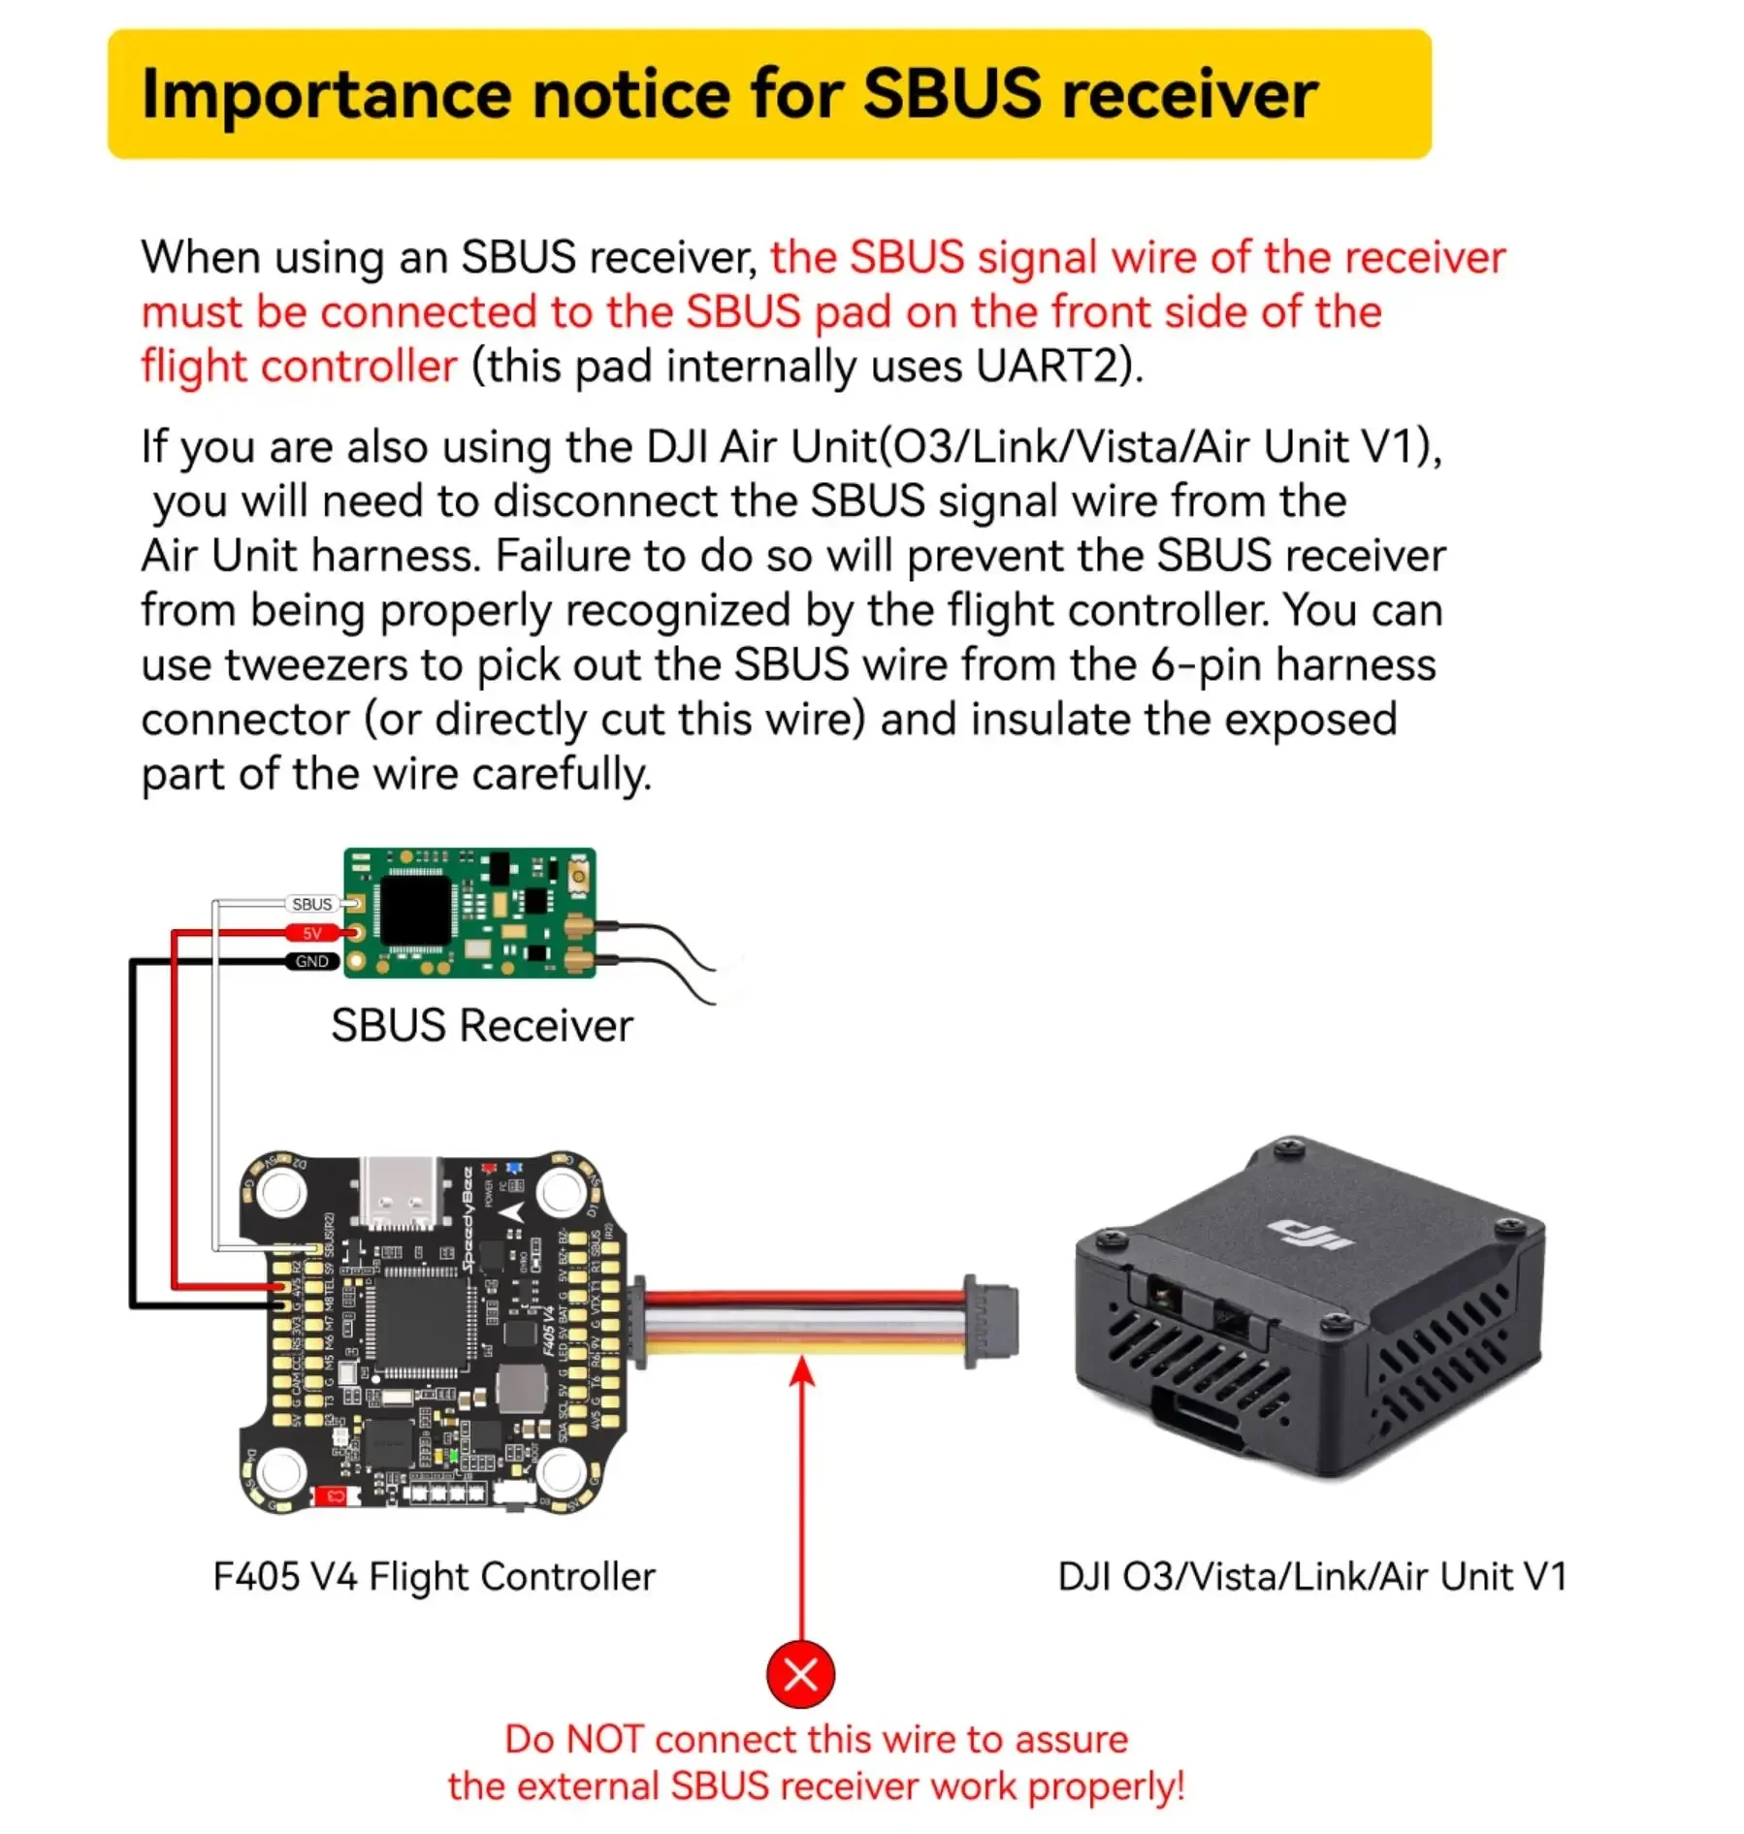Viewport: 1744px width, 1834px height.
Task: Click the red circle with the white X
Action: (x=800, y=1674)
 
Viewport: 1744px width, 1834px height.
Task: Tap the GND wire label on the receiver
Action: (x=311, y=961)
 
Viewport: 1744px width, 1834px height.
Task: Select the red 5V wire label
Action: (x=311, y=933)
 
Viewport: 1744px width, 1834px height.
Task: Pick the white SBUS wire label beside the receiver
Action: (x=311, y=904)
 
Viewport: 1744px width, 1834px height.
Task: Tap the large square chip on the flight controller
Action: (x=414, y=1321)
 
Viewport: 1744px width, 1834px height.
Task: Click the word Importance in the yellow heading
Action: (x=326, y=94)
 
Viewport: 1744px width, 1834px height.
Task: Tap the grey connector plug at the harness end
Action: (x=991, y=1321)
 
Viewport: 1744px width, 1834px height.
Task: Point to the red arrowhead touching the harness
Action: (x=802, y=1370)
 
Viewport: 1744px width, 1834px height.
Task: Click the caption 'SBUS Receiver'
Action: (x=481, y=1026)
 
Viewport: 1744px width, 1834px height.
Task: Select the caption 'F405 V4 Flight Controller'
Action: (x=434, y=1577)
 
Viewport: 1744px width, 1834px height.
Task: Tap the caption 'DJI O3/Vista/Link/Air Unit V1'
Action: (x=1311, y=1577)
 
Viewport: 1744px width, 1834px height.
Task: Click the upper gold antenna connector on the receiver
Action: (x=579, y=927)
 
